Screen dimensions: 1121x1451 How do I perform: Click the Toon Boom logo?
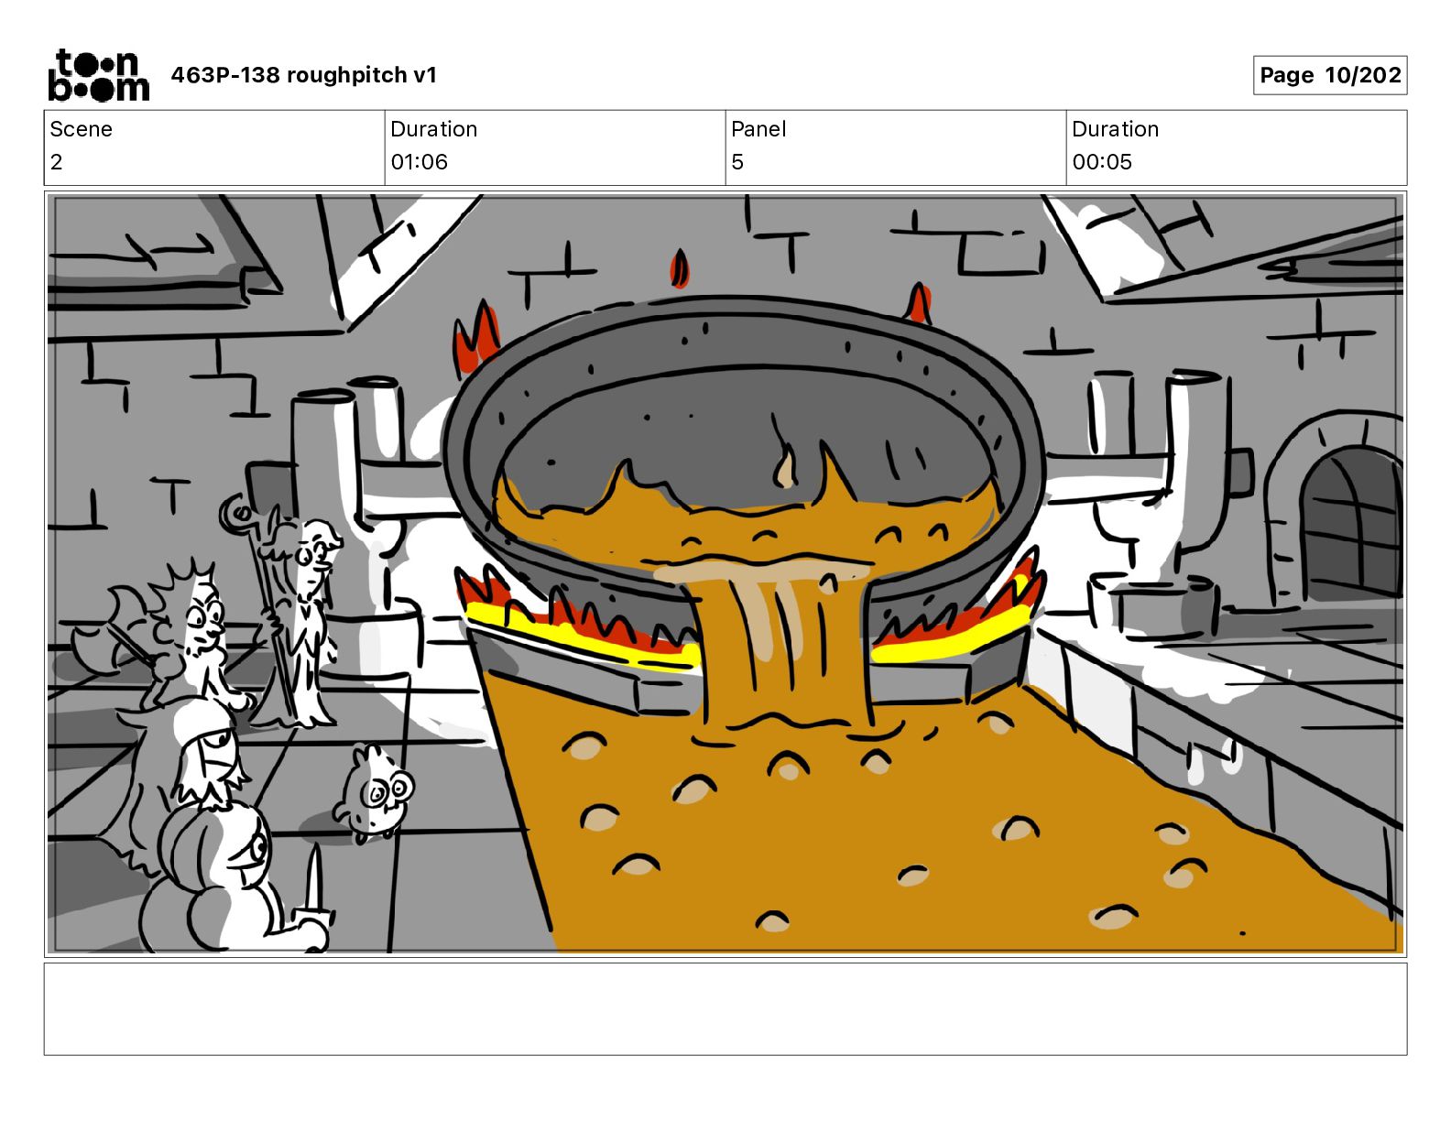(97, 75)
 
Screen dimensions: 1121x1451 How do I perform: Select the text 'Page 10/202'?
(1329, 75)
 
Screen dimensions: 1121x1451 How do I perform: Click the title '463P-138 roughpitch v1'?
(303, 75)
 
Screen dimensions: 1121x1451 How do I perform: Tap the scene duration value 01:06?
(419, 162)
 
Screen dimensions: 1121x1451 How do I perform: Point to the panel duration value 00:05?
(1101, 162)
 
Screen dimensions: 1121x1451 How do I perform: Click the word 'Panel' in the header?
(758, 129)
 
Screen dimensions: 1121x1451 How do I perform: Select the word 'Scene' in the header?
(81, 129)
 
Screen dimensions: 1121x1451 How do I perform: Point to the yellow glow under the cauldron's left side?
(577, 632)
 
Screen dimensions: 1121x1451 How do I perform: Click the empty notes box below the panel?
(725, 1008)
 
